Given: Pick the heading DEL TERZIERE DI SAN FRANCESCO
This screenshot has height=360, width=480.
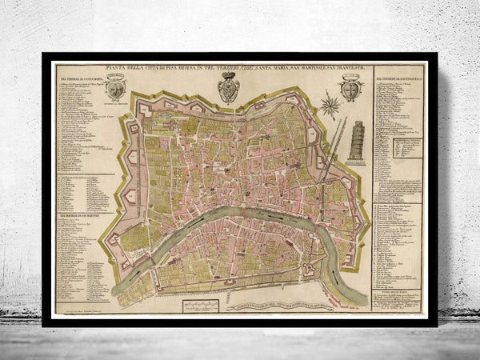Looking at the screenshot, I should click(398, 79).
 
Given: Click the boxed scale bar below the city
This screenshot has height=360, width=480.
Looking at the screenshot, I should click(200, 306).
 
